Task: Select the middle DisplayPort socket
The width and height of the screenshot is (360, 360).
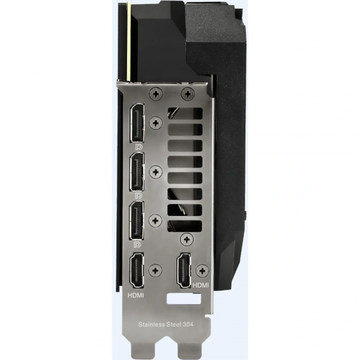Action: coord(137,171)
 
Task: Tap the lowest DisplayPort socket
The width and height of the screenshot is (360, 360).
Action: coord(137,221)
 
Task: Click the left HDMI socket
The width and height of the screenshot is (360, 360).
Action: coord(137,270)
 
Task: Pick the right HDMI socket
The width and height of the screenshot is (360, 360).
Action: coord(184,271)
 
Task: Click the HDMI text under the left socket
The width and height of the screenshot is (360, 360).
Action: coord(136,295)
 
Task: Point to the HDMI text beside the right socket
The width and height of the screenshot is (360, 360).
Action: coord(201,285)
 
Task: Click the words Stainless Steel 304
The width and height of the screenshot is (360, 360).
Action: coord(166,325)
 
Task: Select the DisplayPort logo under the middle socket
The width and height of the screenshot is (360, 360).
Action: coord(138,195)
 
